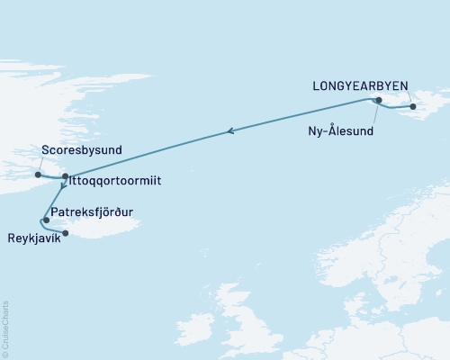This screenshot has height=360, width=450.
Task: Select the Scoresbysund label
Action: point(82,149)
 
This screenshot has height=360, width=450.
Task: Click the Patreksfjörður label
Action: point(96,214)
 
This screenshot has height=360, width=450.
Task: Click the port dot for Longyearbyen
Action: point(413,107)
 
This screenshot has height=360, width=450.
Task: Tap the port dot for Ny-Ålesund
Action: point(379,100)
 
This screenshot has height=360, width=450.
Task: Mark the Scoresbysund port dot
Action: point(38,175)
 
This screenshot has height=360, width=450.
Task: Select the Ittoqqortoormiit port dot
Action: point(66,177)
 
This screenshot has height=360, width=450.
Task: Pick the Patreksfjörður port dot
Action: point(46,219)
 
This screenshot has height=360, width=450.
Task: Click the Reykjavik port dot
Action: point(66,233)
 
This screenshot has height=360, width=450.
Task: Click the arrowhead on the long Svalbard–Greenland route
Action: point(231,132)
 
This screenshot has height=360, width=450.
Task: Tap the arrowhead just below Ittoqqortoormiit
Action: point(61,191)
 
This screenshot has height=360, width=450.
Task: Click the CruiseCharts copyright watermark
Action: point(6,329)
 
